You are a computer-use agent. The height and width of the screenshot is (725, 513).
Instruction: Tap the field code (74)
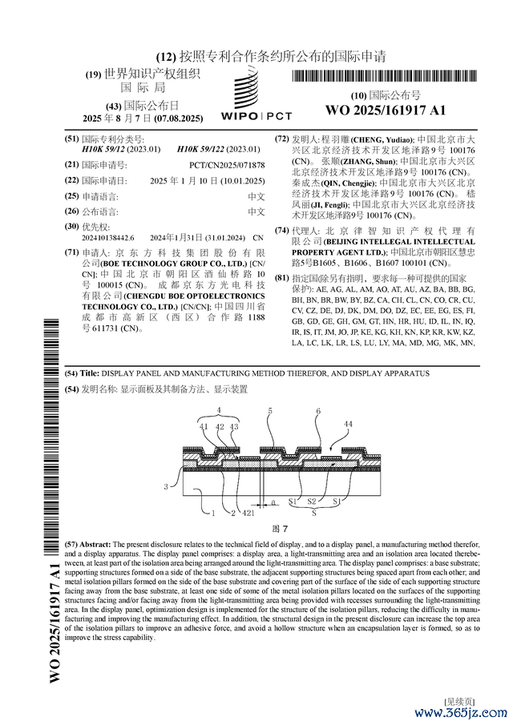coord(281,231)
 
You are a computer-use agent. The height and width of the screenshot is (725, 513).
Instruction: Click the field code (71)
coord(71,251)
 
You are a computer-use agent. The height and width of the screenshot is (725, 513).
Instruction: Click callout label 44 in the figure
coord(348,424)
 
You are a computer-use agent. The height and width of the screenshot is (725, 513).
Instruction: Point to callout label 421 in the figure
coord(248,511)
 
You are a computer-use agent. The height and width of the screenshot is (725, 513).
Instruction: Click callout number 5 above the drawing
coord(270,411)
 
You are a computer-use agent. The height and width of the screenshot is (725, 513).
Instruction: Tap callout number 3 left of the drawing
coord(166,486)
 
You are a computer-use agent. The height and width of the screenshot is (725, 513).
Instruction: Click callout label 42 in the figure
coord(220,427)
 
